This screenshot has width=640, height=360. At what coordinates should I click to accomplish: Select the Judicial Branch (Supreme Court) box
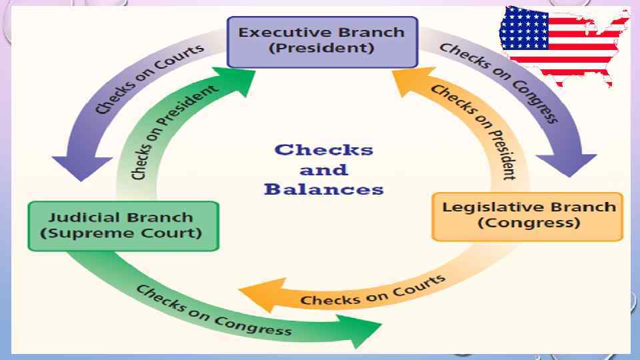[123, 225]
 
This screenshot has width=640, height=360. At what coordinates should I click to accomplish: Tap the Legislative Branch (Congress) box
[527, 215]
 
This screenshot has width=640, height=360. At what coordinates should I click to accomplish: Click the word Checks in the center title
[323, 149]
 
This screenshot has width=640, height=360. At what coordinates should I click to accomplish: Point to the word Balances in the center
[323, 189]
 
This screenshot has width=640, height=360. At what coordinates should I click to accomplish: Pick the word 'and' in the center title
[323, 169]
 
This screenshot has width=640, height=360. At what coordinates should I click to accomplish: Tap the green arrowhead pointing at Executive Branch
[237, 77]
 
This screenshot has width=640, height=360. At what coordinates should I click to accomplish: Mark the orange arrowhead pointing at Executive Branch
[406, 77]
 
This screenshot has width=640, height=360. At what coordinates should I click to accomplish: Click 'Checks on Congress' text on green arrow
[213, 310]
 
